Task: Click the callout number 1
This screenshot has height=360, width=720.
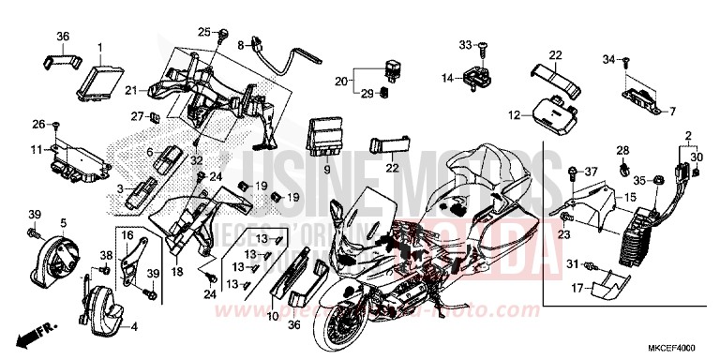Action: coord(101,45)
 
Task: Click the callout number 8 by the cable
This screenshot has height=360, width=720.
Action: coord(240,44)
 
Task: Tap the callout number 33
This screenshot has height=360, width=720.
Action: coord(464,44)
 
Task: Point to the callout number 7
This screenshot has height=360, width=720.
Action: coord(672,111)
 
